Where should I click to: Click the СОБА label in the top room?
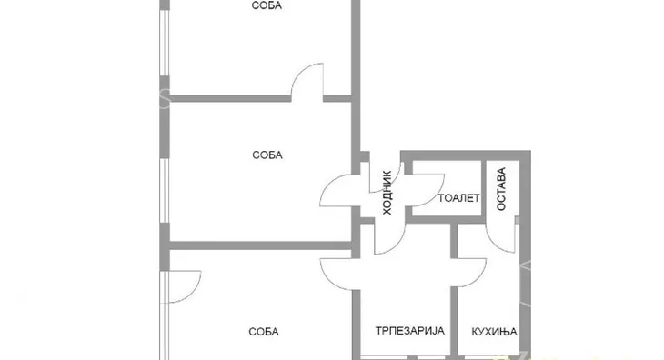tap(267, 6)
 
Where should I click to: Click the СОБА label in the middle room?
tap(267, 155)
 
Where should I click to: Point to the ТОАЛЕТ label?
tap(458, 197)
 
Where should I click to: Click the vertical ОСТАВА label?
tap(502, 190)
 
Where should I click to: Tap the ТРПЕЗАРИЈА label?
tap(409, 331)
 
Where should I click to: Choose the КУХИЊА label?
tap(494, 331)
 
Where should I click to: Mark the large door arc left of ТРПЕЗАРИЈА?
tap(338, 275)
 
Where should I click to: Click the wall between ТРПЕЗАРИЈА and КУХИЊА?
tap(455, 309)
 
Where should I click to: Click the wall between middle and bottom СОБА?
tap(259, 245)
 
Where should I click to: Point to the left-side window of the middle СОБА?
tap(165, 173)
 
